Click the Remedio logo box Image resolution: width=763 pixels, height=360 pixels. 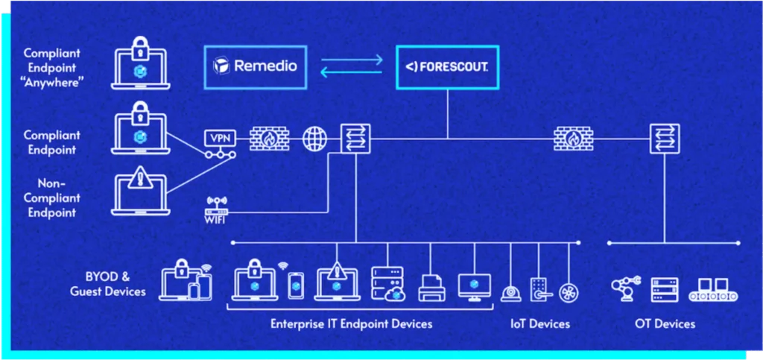tap(256, 66)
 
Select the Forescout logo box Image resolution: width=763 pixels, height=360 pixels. tap(447, 67)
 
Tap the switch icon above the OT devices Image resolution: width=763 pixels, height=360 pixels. tap(665, 139)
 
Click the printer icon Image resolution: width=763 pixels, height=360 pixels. tap(431, 288)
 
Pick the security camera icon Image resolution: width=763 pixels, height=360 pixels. tap(511, 292)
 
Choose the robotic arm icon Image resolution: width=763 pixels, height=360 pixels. tap(625, 288)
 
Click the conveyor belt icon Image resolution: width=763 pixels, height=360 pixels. tap(713, 291)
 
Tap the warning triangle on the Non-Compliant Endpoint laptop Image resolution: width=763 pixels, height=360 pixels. tap(141, 178)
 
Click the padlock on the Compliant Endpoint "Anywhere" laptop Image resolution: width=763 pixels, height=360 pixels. tap(141, 47)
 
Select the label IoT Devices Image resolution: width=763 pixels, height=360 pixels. tap(540, 323)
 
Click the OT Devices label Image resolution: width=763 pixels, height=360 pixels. tap(665, 323)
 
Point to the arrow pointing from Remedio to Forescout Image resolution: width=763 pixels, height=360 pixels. tap(352, 60)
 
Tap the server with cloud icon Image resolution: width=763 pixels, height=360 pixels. tap(387, 284)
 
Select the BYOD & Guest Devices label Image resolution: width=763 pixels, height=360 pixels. tap(107, 285)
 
